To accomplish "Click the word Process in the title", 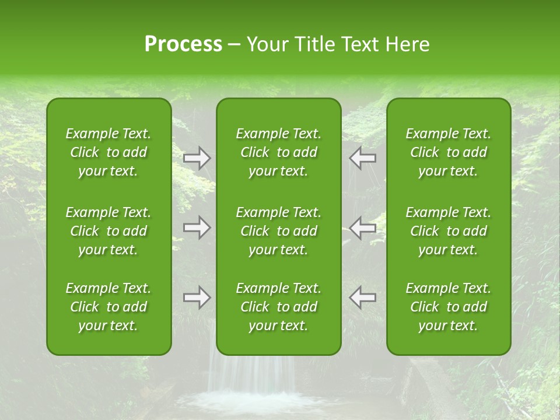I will click(183, 44).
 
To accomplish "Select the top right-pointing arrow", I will click(197, 158).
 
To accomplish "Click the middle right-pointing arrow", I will click(197, 228).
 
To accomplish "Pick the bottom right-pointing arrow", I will click(197, 297).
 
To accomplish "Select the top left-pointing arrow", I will click(363, 158).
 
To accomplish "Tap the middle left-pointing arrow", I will click(363, 228).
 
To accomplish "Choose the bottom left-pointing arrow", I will click(363, 297).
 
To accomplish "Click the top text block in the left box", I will click(108, 152).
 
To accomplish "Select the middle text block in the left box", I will click(108, 231).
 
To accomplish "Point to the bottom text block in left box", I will click(108, 307).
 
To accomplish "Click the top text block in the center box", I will click(278, 152).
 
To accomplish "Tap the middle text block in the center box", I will click(278, 231).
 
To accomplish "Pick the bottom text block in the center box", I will click(278, 307).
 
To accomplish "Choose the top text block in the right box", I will click(448, 152).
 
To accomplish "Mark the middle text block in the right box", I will click(448, 231).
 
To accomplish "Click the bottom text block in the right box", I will click(448, 307).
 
